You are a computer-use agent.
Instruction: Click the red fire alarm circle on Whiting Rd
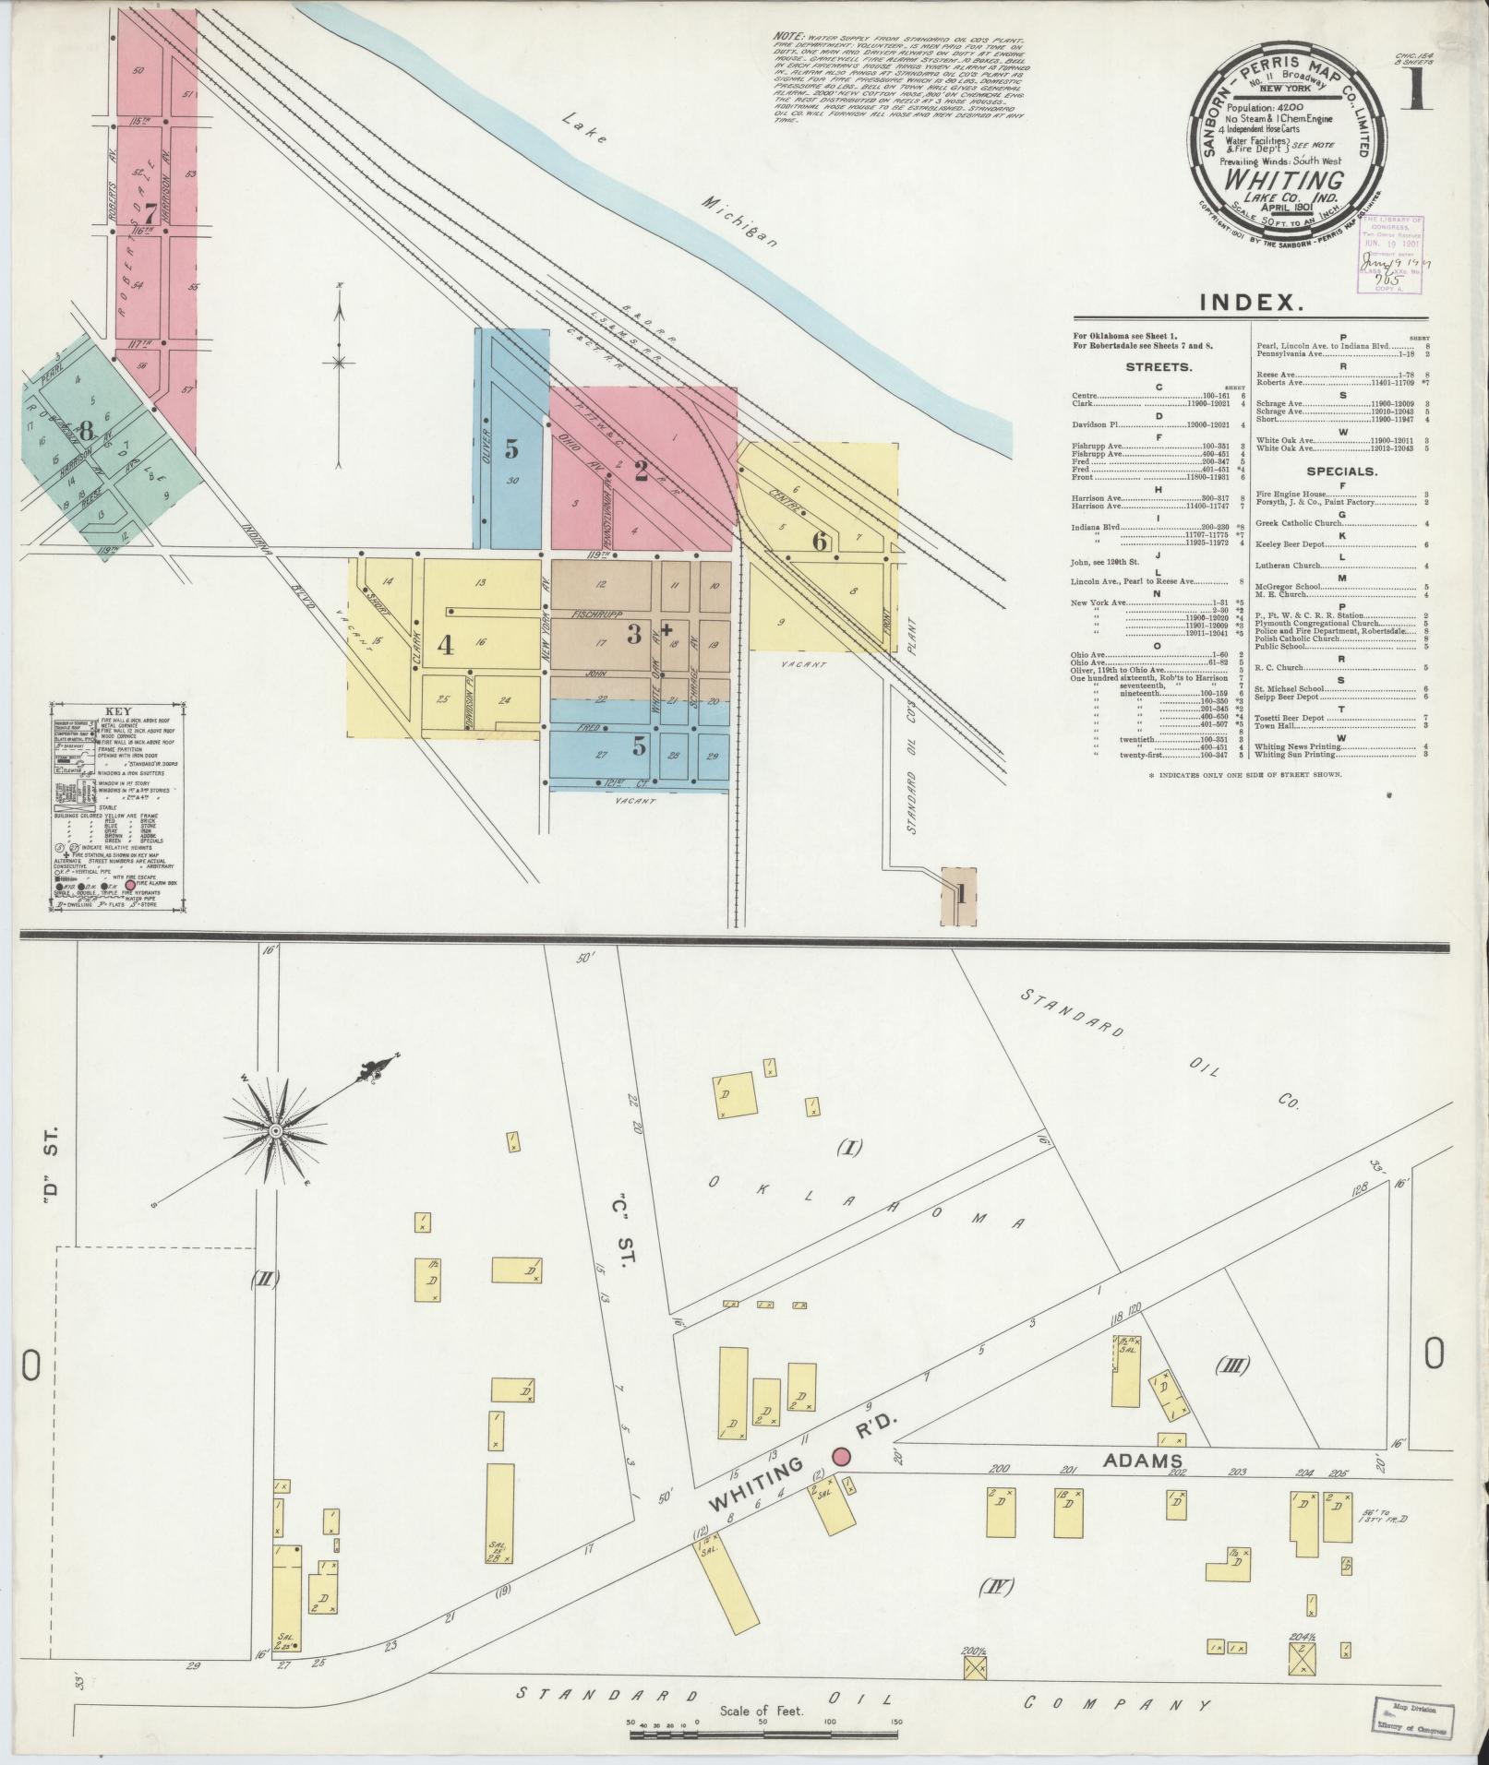841,1455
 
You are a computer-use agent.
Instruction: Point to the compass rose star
274,1130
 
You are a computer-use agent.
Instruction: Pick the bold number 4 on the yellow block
445,644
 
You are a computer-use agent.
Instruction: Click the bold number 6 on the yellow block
819,542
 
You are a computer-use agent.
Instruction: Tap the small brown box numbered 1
960,894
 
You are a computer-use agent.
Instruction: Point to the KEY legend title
117,711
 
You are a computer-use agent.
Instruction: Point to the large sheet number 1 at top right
1418,90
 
